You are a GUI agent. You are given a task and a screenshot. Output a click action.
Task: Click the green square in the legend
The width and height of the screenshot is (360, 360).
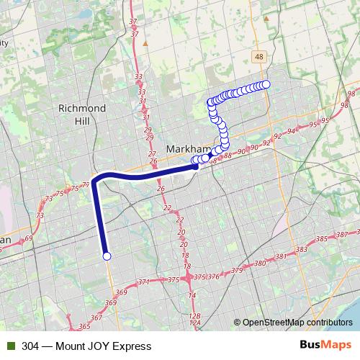pos(9,346)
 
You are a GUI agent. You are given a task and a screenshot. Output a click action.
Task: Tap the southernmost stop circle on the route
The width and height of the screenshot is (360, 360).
pos(107,256)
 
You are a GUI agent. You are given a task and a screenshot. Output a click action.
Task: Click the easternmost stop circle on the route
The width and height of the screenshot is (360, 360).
pos(266,84)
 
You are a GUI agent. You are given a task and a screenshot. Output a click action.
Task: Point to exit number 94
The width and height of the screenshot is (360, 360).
pos(291,131)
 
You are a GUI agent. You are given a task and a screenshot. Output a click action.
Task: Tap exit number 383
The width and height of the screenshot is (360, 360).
pos(301,249)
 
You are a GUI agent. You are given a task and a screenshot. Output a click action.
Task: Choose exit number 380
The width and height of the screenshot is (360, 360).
pos(260,264)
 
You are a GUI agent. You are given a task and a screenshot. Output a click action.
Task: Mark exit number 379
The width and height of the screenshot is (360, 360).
pos(237,271)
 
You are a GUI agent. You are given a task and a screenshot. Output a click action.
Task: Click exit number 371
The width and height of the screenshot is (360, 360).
pos(144,282)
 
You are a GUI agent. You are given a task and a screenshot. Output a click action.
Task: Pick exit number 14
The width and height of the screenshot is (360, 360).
pos(192,296)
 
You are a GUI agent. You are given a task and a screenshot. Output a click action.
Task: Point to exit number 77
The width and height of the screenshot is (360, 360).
pos(86,184)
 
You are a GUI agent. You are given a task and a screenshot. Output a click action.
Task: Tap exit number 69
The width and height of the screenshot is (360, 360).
pos(28,238)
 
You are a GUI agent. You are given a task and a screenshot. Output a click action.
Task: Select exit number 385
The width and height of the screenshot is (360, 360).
pos(321,238)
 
